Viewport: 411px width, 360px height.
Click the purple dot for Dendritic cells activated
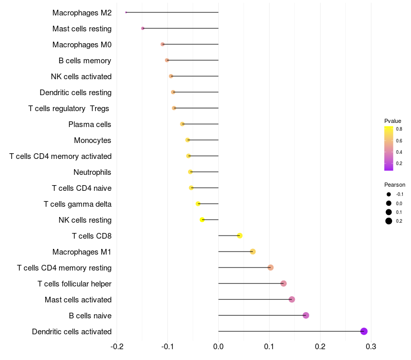(x=364, y=331)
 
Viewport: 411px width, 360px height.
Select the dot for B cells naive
(x=306, y=315)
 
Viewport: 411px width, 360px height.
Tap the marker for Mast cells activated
(x=292, y=299)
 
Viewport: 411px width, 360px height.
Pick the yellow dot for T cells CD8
(x=239, y=236)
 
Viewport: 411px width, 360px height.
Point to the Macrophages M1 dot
(x=253, y=251)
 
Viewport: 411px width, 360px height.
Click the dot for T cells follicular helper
(x=283, y=283)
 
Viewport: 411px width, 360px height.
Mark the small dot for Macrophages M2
(x=126, y=12)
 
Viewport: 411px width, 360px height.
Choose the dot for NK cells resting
(x=202, y=220)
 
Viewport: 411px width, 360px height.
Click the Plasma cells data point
(x=182, y=124)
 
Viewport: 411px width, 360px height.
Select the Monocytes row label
(x=92, y=140)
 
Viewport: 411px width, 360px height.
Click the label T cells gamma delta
(x=78, y=204)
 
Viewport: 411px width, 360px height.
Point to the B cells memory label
(x=85, y=60)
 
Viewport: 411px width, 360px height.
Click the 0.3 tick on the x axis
(x=371, y=346)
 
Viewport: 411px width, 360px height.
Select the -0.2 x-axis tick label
(x=117, y=346)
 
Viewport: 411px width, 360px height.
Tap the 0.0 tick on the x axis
(x=218, y=346)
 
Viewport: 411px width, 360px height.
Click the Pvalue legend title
(x=393, y=120)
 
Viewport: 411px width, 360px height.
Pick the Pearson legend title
(x=395, y=185)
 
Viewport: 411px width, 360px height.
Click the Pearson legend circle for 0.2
(x=389, y=221)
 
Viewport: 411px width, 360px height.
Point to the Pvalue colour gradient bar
(x=389, y=148)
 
